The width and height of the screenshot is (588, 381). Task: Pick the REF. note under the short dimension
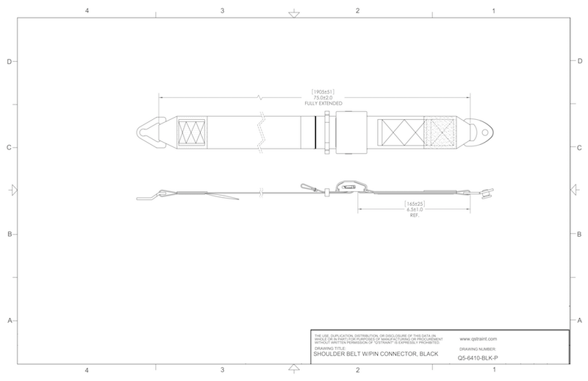(x=417, y=216)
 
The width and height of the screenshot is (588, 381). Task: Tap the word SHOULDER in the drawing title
(x=331, y=355)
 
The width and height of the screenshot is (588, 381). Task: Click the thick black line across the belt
(x=315, y=132)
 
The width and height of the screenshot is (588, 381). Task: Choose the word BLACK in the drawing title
(x=427, y=355)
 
